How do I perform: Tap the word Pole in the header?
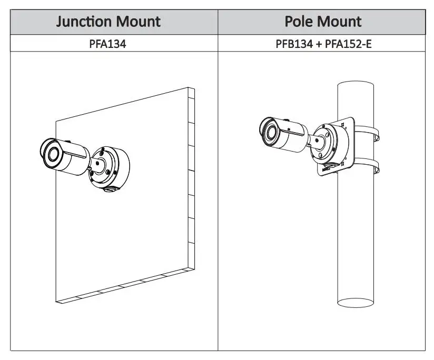point(299,22)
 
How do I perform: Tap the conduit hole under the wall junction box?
point(110,188)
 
